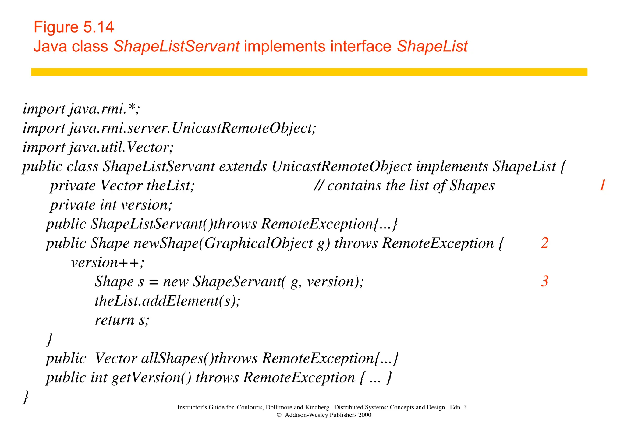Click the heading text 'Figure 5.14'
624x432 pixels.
tap(73, 27)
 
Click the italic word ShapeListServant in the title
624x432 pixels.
tap(176, 47)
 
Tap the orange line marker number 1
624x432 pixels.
tap(602, 186)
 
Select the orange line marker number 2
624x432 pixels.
tap(545, 243)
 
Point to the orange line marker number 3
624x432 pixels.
tap(545, 281)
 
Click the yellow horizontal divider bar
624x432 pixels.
tap(309, 72)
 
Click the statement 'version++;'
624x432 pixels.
tap(108, 263)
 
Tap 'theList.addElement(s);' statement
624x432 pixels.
tap(168, 301)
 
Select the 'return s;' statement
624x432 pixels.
tap(122, 320)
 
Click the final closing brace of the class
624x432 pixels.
tap(26, 397)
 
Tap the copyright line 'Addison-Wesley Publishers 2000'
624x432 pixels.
tap(328, 415)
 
